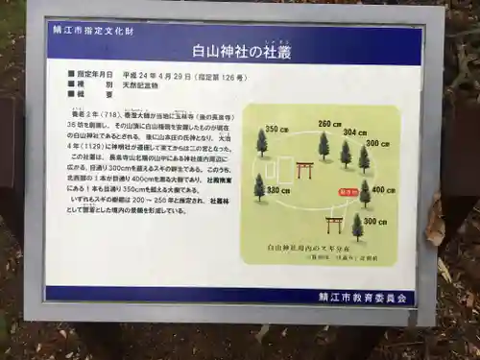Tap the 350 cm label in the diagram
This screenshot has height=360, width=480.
[x=277, y=130]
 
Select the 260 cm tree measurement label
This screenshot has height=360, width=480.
[x=329, y=124]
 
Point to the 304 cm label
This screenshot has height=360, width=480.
[x=354, y=132]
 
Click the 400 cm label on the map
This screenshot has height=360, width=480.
[x=383, y=190]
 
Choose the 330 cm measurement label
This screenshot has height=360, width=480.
[x=279, y=190]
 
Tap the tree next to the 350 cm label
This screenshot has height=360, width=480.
[x=262, y=143]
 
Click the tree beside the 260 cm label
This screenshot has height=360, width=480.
[x=324, y=146]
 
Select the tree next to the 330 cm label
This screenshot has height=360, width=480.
[x=259, y=186]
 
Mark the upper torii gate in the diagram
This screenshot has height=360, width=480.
[x=306, y=170]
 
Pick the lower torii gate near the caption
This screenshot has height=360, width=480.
[x=334, y=224]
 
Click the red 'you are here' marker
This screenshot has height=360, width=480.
[x=347, y=192]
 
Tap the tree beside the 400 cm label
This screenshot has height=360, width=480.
[x=365, y=193]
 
